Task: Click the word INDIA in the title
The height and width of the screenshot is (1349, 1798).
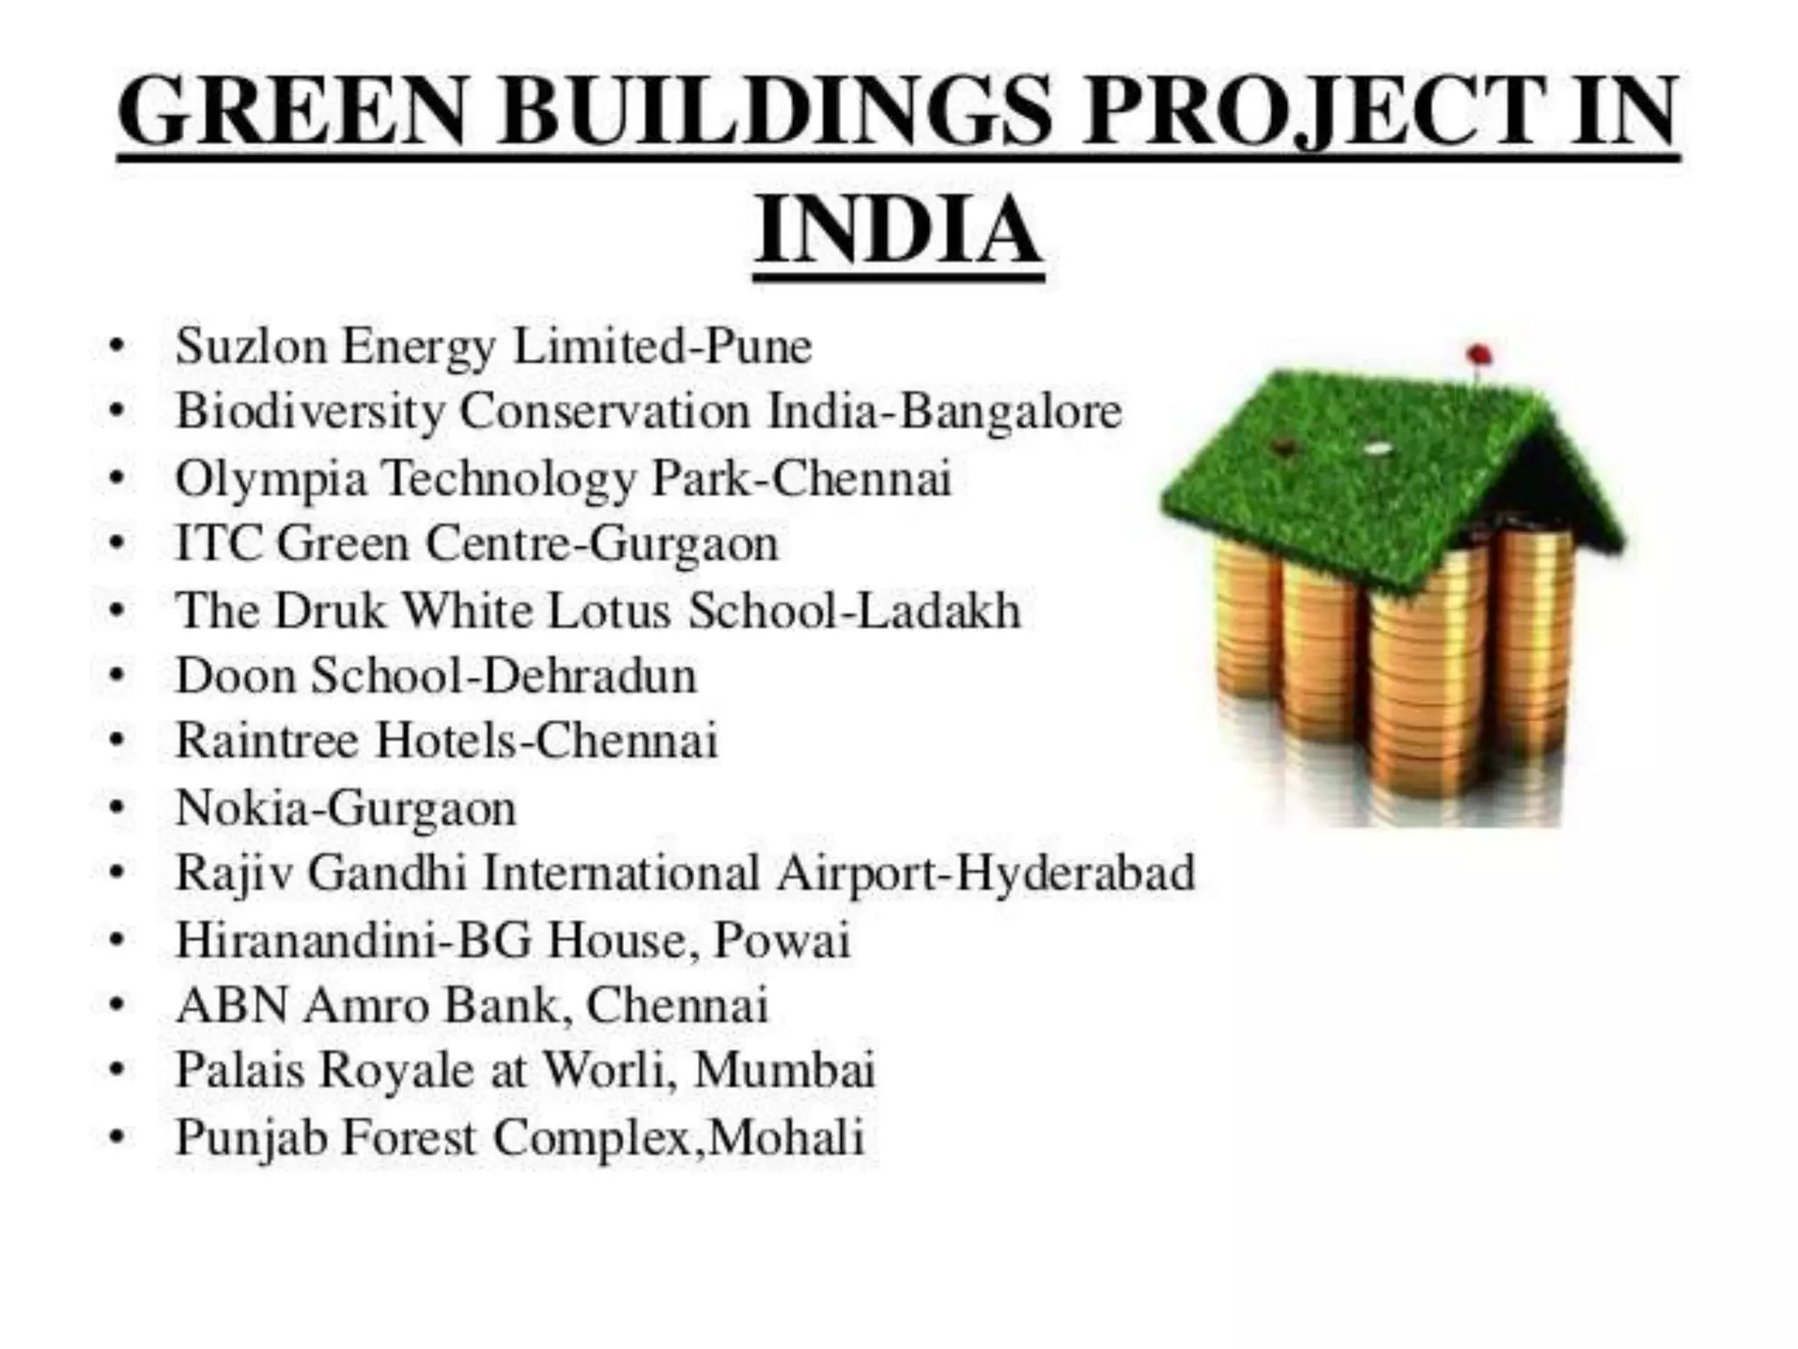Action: pyautogui.click(x=898, y=230)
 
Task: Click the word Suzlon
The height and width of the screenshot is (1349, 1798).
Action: pyautogui.click(x=251, y=345)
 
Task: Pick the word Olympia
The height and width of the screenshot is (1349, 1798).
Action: pyautogui.click(x=270, y=480)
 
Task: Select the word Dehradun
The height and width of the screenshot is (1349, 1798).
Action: pyautogui.click(x=589, y=675)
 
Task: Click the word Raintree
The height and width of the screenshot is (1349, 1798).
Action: pyautogui.click(x=268, y=740)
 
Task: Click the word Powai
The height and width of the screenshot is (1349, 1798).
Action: pyautogui.click(x=781, y=940)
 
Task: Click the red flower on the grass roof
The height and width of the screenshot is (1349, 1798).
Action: pyautogui.click(x=1479, y=355)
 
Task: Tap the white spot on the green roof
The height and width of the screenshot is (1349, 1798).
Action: pyautogui.click(x=1377, y=448)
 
